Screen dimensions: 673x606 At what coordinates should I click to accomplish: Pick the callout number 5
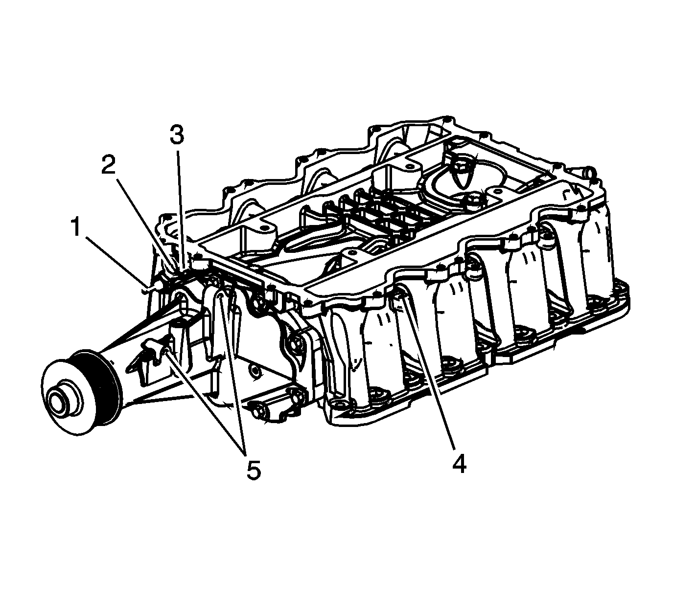point(254,470)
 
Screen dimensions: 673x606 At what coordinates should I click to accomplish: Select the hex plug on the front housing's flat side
point(255,372)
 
